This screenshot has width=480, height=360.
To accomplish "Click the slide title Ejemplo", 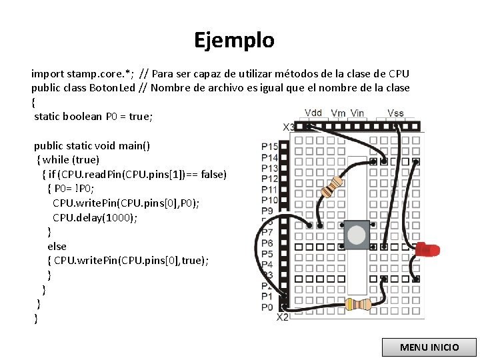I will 234,41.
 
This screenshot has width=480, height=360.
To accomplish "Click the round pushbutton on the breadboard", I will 357,235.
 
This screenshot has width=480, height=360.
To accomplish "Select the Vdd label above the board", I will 314,113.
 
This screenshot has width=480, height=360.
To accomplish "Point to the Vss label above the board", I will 395,113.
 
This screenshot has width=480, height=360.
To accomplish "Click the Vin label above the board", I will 357,113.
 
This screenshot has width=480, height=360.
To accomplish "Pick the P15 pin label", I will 269,147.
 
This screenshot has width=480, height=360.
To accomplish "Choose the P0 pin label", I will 267,307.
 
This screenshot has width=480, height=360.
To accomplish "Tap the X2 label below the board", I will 283,317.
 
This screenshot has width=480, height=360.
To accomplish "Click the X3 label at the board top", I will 289,127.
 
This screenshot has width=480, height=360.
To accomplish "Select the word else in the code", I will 57,246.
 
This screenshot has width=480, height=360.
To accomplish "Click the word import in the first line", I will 49,73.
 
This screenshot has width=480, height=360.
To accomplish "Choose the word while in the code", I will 57,160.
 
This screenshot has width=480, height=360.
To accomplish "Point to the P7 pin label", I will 267,233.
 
